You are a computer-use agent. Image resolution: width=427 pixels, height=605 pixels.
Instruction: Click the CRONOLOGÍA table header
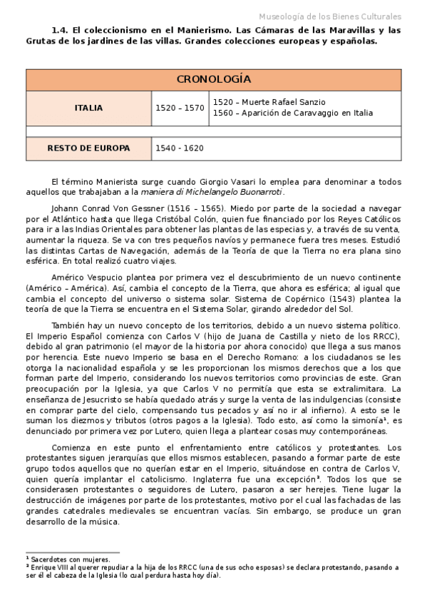213,79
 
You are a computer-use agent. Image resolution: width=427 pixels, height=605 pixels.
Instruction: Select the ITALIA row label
88,108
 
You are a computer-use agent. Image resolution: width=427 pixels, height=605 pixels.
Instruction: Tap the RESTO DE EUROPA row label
88,148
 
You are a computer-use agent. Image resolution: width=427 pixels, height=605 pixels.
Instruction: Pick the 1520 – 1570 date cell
180,108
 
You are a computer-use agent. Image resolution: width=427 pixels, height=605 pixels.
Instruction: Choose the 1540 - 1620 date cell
180,148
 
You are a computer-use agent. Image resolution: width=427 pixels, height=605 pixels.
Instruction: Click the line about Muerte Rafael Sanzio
269,102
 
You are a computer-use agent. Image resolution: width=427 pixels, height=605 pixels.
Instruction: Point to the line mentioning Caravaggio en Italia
293,113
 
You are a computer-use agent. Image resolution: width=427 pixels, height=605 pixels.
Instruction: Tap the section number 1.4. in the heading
62,30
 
